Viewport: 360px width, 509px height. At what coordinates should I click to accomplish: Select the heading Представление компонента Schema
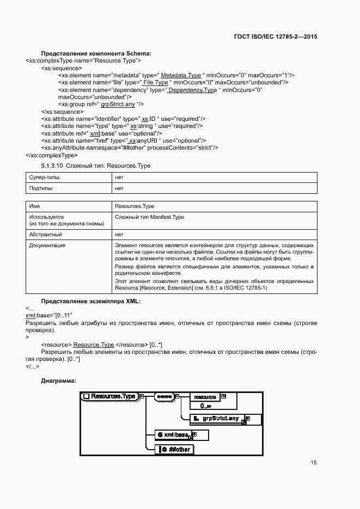[96, 53]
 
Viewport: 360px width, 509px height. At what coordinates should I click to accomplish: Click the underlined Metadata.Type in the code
[181, 75]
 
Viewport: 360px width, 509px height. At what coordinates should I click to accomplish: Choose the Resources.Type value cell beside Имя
[135, 206]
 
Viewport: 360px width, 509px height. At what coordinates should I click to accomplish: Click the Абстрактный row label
[45, 235]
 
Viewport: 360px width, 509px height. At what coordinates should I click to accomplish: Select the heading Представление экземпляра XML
[91, 301]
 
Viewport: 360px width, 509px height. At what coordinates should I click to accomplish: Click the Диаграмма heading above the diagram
[58, 381]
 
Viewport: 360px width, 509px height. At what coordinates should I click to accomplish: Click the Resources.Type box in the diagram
[109, 396]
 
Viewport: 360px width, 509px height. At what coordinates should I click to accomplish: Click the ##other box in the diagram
[175, 449]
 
